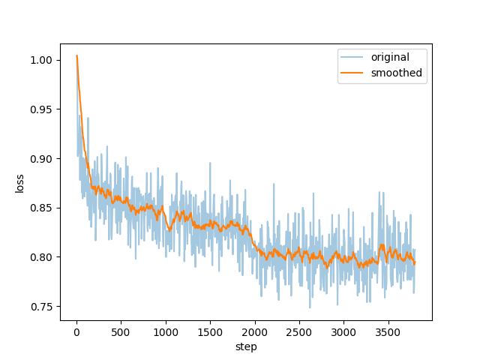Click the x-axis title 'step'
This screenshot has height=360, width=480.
point(246,346)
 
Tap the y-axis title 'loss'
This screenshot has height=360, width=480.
point(20,182)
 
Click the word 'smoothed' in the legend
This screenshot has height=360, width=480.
point(396,73)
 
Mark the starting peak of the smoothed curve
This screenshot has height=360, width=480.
point(76,55)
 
